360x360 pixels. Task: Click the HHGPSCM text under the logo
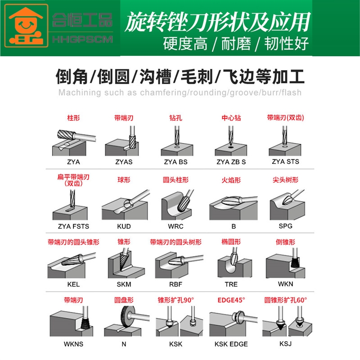[x=82, y=40]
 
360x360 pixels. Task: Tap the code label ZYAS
[x=124, y=162]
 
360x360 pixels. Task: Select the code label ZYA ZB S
[x=231, y=162]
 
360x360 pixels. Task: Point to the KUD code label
[x=124, y=226]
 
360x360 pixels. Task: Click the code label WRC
[x=175, y=226]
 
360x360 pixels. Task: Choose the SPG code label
[x=285, y=226]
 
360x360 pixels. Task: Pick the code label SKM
[x=124, y=284]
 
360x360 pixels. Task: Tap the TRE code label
[x=231, y=284]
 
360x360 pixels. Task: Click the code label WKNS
[x=73, y=344]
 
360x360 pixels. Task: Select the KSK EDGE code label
[x=231, y=344]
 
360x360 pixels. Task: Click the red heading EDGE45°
[x=231, y=300]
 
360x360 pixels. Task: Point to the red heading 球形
[x=124, y=180]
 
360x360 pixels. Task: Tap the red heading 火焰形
[x=231, y=180]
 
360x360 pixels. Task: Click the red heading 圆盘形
[x=124, y=300]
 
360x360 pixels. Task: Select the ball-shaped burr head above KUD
[x=127, y=203]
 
